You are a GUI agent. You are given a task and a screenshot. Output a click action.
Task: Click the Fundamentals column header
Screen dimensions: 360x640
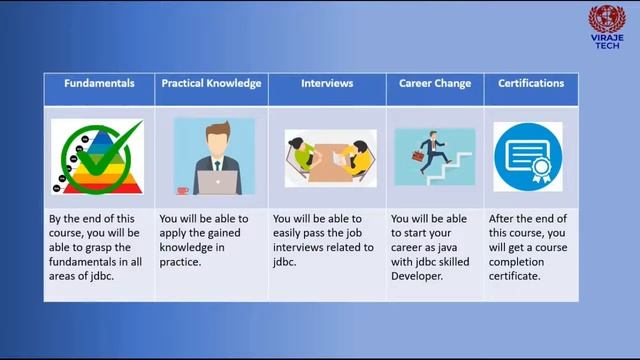click(99, 84)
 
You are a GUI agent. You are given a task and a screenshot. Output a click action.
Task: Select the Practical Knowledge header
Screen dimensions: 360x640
click(212, 84)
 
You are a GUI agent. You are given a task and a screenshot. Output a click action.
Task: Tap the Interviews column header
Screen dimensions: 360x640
click(327, 84)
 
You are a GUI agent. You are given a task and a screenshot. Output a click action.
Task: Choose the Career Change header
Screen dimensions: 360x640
click(435, 84)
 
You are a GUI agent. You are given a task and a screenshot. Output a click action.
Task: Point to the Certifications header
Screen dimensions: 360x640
click(531, 84)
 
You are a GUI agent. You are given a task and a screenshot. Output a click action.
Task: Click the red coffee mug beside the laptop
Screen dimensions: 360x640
click(182, 189)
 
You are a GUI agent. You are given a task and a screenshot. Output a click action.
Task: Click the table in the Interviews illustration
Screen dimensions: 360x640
click(327, 159)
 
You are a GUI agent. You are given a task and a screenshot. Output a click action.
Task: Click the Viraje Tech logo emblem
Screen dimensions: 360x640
click(605, 19)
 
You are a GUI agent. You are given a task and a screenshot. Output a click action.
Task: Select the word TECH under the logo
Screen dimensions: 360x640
click(605, 45)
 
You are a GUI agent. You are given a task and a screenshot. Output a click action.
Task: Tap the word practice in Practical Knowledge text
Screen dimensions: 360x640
click(181, 262)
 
